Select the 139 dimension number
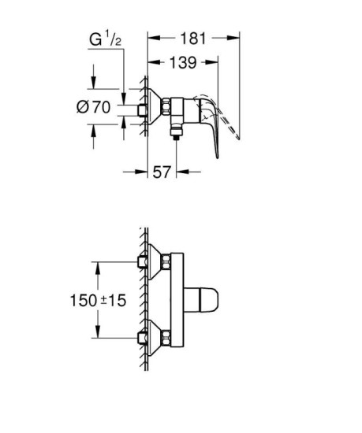(182, 61)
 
